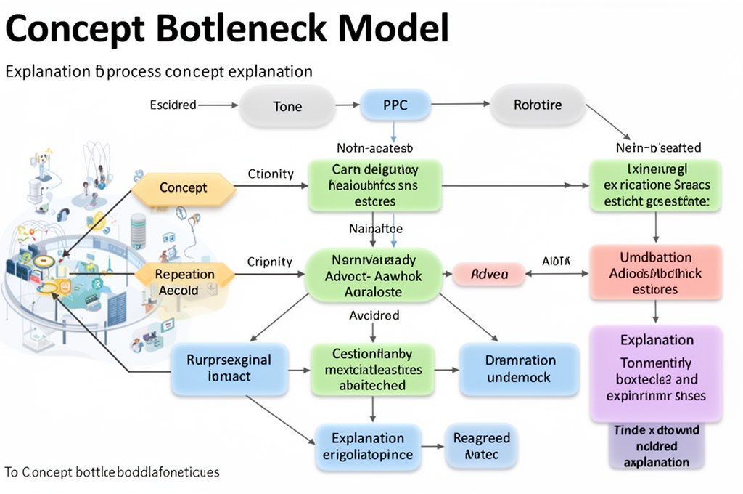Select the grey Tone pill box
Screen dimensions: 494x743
point(287,106)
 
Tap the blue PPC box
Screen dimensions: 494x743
point(394,105)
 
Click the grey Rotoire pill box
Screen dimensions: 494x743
point(538,105)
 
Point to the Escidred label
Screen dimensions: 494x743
point(173,105)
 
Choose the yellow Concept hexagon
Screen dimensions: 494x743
point(184,187)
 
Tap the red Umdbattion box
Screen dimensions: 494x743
point(655,273)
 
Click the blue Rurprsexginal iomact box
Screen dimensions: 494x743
point(229,368)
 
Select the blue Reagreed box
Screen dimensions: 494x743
point(481,446)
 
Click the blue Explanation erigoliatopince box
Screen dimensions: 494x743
point(368,446)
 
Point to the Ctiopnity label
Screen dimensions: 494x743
point(271,174)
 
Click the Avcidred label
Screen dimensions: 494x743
point(374,316)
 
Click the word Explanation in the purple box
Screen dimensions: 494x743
point(657,339)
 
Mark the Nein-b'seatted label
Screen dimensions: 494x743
point(657,147)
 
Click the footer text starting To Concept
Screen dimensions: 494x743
point(112,472)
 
